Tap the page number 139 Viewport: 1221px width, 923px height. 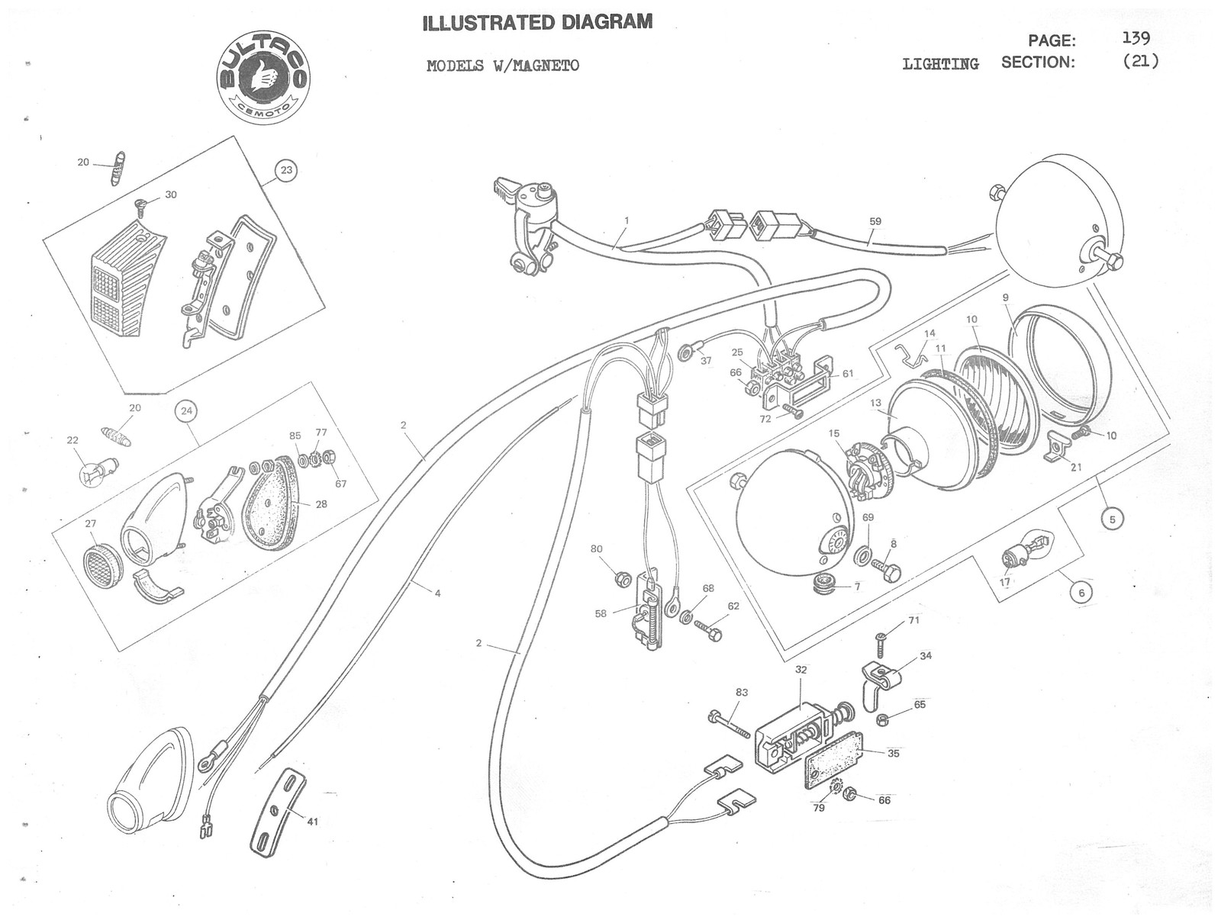(1136, 38)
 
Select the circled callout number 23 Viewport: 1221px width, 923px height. (286, 169)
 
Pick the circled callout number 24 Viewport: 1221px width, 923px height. (186, 411)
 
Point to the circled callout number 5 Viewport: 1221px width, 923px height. (1112, 519)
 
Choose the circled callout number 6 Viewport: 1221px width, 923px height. (1081, 591)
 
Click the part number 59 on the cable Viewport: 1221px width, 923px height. (875, 221)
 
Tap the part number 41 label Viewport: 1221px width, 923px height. (312, 822)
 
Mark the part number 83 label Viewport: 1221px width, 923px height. (742, 693)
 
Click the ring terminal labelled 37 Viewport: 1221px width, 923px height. (685, 352)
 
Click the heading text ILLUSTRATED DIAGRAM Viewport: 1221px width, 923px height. (538, 23)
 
